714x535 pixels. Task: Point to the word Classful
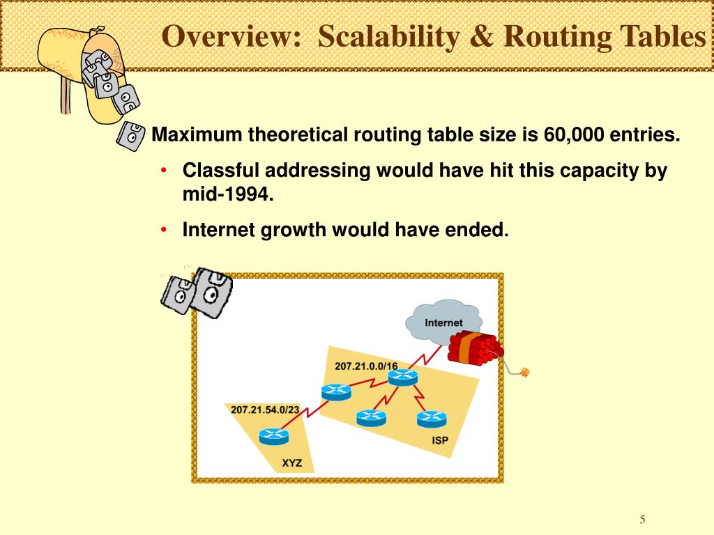point(221,171)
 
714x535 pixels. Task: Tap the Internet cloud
point(443,323)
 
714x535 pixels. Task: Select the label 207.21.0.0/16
point(366,366)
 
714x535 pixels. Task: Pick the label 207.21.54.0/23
point(265,410)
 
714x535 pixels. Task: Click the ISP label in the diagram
point(440,440)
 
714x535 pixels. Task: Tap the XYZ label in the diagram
point(292,463)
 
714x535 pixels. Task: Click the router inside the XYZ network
point(273,436)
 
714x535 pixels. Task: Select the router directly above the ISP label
point(432,419)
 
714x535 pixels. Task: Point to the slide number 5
point(643,520)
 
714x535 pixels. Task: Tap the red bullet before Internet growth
point(164,230)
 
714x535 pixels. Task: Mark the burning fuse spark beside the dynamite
point(525,372)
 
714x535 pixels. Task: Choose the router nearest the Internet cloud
point(402,377)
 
